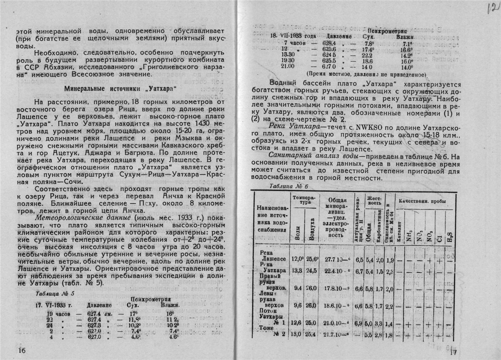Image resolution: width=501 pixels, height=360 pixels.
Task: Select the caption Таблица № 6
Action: click(289, 186)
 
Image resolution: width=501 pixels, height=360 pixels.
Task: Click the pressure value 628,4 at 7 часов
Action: click(328, 43)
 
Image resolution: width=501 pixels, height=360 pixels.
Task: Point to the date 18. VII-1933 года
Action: click(290, 37)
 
